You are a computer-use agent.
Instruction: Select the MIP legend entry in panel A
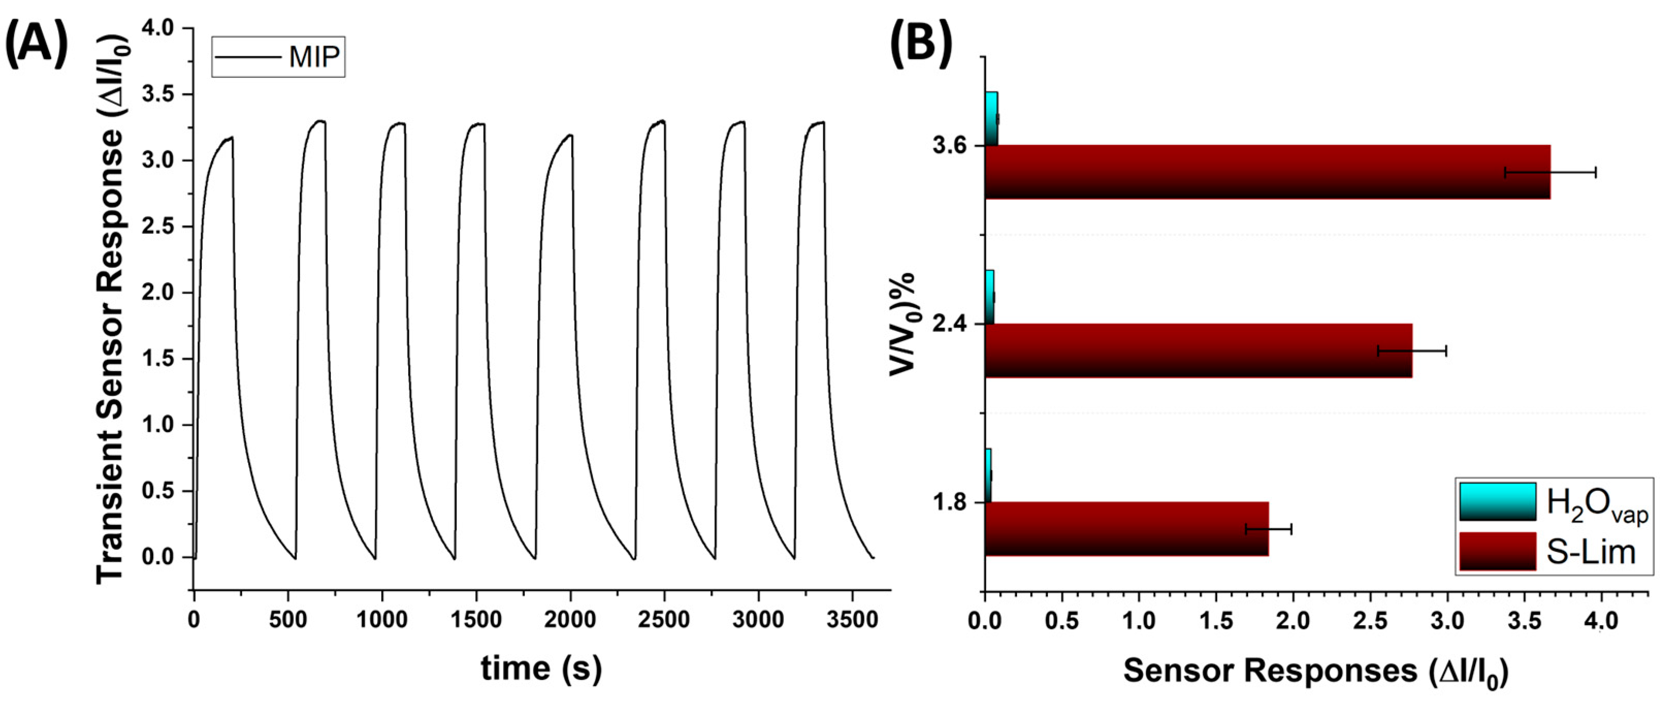279,57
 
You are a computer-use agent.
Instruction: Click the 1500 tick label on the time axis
476,619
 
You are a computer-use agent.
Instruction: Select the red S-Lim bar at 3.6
1267,172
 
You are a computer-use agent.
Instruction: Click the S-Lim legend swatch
1497,551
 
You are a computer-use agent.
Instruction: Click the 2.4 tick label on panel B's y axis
949,324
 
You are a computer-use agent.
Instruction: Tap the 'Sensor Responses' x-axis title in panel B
1315,671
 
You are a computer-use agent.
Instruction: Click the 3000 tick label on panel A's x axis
758,619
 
